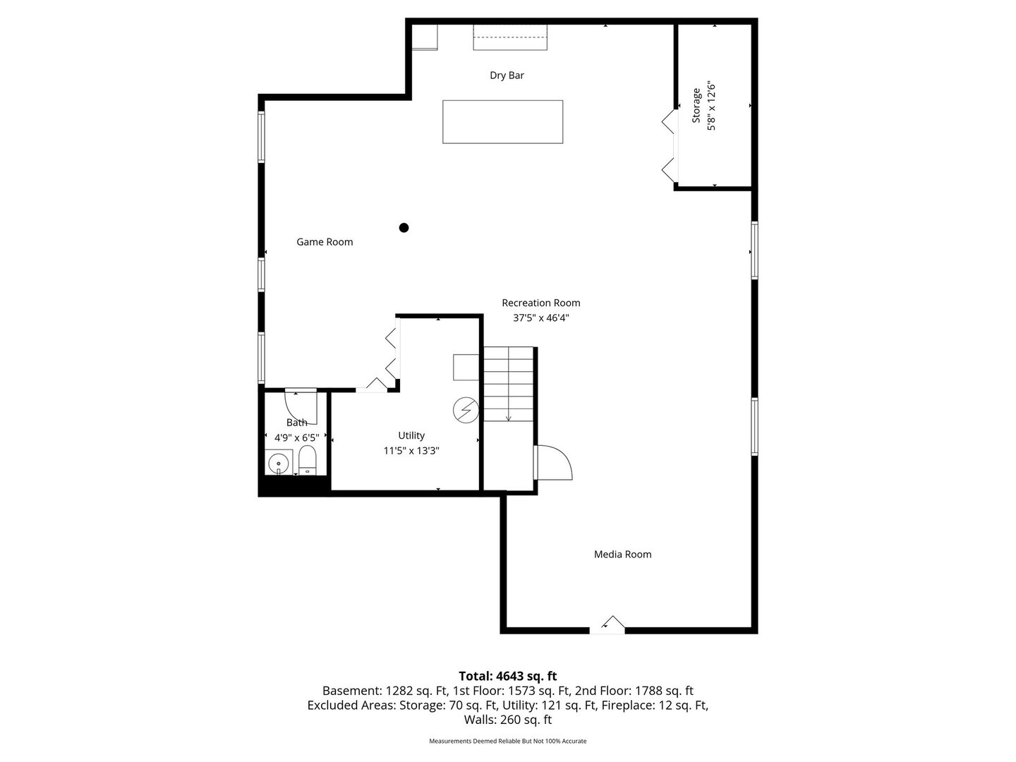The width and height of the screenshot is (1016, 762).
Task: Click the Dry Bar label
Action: pyautogui.click(x=507, y=75)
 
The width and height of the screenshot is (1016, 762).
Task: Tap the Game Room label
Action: pyautogui.click(x=325, y=242)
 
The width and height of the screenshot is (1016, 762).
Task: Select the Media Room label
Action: pyautogui.click(x=622, y=555)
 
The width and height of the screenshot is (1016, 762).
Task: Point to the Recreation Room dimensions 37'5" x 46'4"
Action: pyautogui.click(x=540, y=317)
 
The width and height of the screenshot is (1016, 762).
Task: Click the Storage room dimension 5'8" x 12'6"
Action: pyautogui.click(x=711, y=107)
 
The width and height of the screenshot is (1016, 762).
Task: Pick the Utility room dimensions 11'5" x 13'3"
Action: pyautogui.click(x=411, y=451)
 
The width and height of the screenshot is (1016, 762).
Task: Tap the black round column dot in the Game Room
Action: pyautogui.click(x=404, y=228)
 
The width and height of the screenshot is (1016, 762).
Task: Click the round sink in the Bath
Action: pyautogui.click(x=279, y=462)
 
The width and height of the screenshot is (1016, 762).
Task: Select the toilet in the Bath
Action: pyautogui.click(x=307, y=460)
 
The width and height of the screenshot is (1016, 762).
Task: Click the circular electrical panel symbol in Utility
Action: pyautogui.click(x=466, y=410)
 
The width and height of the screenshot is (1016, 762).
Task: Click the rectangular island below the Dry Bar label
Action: pyautogui.click(x=502, y=121)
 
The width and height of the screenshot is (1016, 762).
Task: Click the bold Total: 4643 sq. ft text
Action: pyautogui.click(x=508, y=676)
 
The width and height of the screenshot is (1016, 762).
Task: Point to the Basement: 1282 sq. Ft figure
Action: pyautogui.click(x=385, y=691)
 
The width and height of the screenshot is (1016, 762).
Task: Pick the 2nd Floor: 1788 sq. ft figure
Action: pyautogui.click(x=634, y=691)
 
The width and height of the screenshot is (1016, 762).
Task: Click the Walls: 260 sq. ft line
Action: pyautogui.click(x=508, y=720)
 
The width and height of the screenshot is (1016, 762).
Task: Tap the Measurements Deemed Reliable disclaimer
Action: pyautogui.click(x=508, y=741)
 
